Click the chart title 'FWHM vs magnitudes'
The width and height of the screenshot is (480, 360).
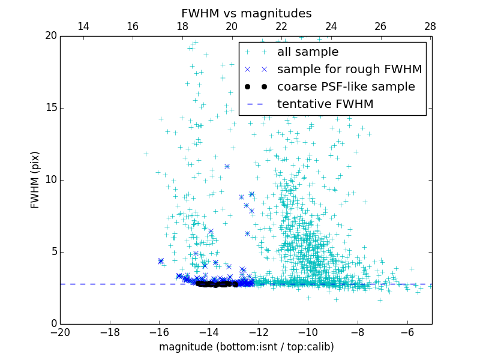point(246,13)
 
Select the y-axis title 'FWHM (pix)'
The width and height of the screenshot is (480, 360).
point(35,179)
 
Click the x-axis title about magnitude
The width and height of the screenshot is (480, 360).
point(246,347)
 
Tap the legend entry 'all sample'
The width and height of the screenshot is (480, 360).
point(308,52)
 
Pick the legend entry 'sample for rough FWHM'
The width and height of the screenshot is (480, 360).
point(349,70)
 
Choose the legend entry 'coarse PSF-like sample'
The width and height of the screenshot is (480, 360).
point(346,87)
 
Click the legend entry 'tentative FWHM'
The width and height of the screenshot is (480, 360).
point(325,104)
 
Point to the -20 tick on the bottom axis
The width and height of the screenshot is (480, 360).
point(60,332)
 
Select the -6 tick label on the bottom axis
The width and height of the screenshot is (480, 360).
point(407,332)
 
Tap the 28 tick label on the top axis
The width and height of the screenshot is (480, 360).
point(430,26)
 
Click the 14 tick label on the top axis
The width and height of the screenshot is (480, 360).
point(83,26)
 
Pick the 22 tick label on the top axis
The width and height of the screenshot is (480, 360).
point(281,26)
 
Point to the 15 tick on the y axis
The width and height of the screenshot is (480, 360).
point(49,108)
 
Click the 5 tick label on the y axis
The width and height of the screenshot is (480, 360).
point(52,251)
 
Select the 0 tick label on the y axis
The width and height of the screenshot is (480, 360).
point(52,323)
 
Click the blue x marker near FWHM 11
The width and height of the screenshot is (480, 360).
point(227,166)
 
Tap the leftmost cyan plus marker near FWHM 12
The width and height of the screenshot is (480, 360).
point(146,154)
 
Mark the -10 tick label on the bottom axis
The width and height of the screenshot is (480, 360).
point(308,332)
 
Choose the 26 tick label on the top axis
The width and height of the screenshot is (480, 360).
point(380,26)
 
